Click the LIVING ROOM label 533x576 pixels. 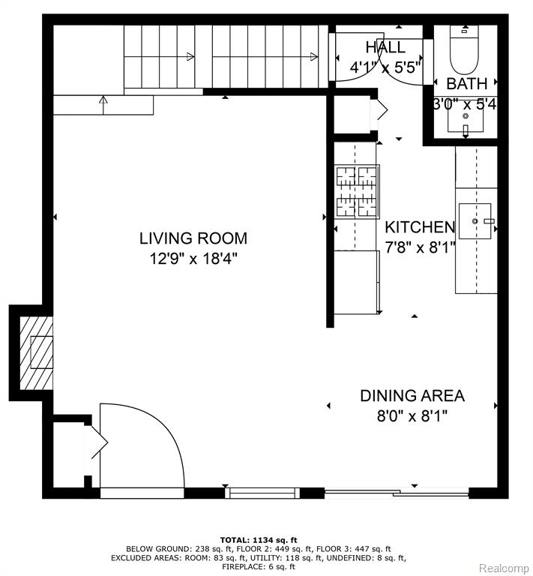[193, 238]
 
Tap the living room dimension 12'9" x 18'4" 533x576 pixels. [193, 259]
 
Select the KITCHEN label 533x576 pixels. [420, 227]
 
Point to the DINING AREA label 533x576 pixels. [412, 396]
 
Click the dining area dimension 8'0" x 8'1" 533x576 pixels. [412, 416]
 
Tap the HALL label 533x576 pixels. [385, 47]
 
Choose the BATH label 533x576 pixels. [466, 84]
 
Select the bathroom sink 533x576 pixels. [466, 120]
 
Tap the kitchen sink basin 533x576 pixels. [475, 221]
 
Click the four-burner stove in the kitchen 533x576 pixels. [356, 191]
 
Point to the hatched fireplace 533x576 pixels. [36, 352]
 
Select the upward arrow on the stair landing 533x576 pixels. [103, 105]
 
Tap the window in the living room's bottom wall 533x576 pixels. [262, 493]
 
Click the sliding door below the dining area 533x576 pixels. [397, 493]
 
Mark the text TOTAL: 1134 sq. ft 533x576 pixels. [259, 540]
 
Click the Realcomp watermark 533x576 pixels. [504, 568]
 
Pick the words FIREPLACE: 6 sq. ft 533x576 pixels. [259, 567]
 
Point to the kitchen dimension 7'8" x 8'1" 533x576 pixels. [420, 247]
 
